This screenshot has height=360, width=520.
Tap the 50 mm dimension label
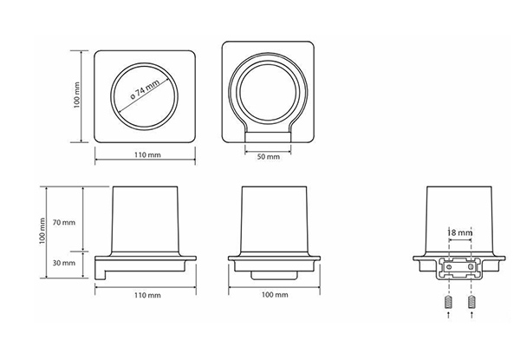tap(269, 157)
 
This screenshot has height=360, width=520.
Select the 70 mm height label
tap(64, 222)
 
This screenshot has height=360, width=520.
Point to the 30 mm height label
tap(64, 263)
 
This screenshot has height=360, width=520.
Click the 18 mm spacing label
tap(459, 232)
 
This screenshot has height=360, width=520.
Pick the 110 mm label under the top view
tap(147, 155)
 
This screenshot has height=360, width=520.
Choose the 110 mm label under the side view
tap(147, 295)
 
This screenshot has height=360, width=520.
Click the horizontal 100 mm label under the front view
tap(275, 295)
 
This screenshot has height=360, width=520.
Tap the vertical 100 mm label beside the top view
tap(76, 95)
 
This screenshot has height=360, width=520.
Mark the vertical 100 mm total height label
tap(42, 232)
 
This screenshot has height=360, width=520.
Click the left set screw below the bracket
tap(449, 302)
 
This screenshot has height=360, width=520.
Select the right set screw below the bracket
tap(471, 302)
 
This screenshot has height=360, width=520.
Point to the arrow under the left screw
tap(449, 315)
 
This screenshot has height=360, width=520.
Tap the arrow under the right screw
tap(471, 315)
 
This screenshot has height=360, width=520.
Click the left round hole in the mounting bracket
tap(449, 267)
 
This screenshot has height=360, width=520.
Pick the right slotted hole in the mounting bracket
tap(471, 267)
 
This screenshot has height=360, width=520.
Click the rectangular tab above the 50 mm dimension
tap(268, 137)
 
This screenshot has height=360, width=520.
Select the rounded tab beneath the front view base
tap(274, 275)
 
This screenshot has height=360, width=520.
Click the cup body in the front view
tap(274, 219)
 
